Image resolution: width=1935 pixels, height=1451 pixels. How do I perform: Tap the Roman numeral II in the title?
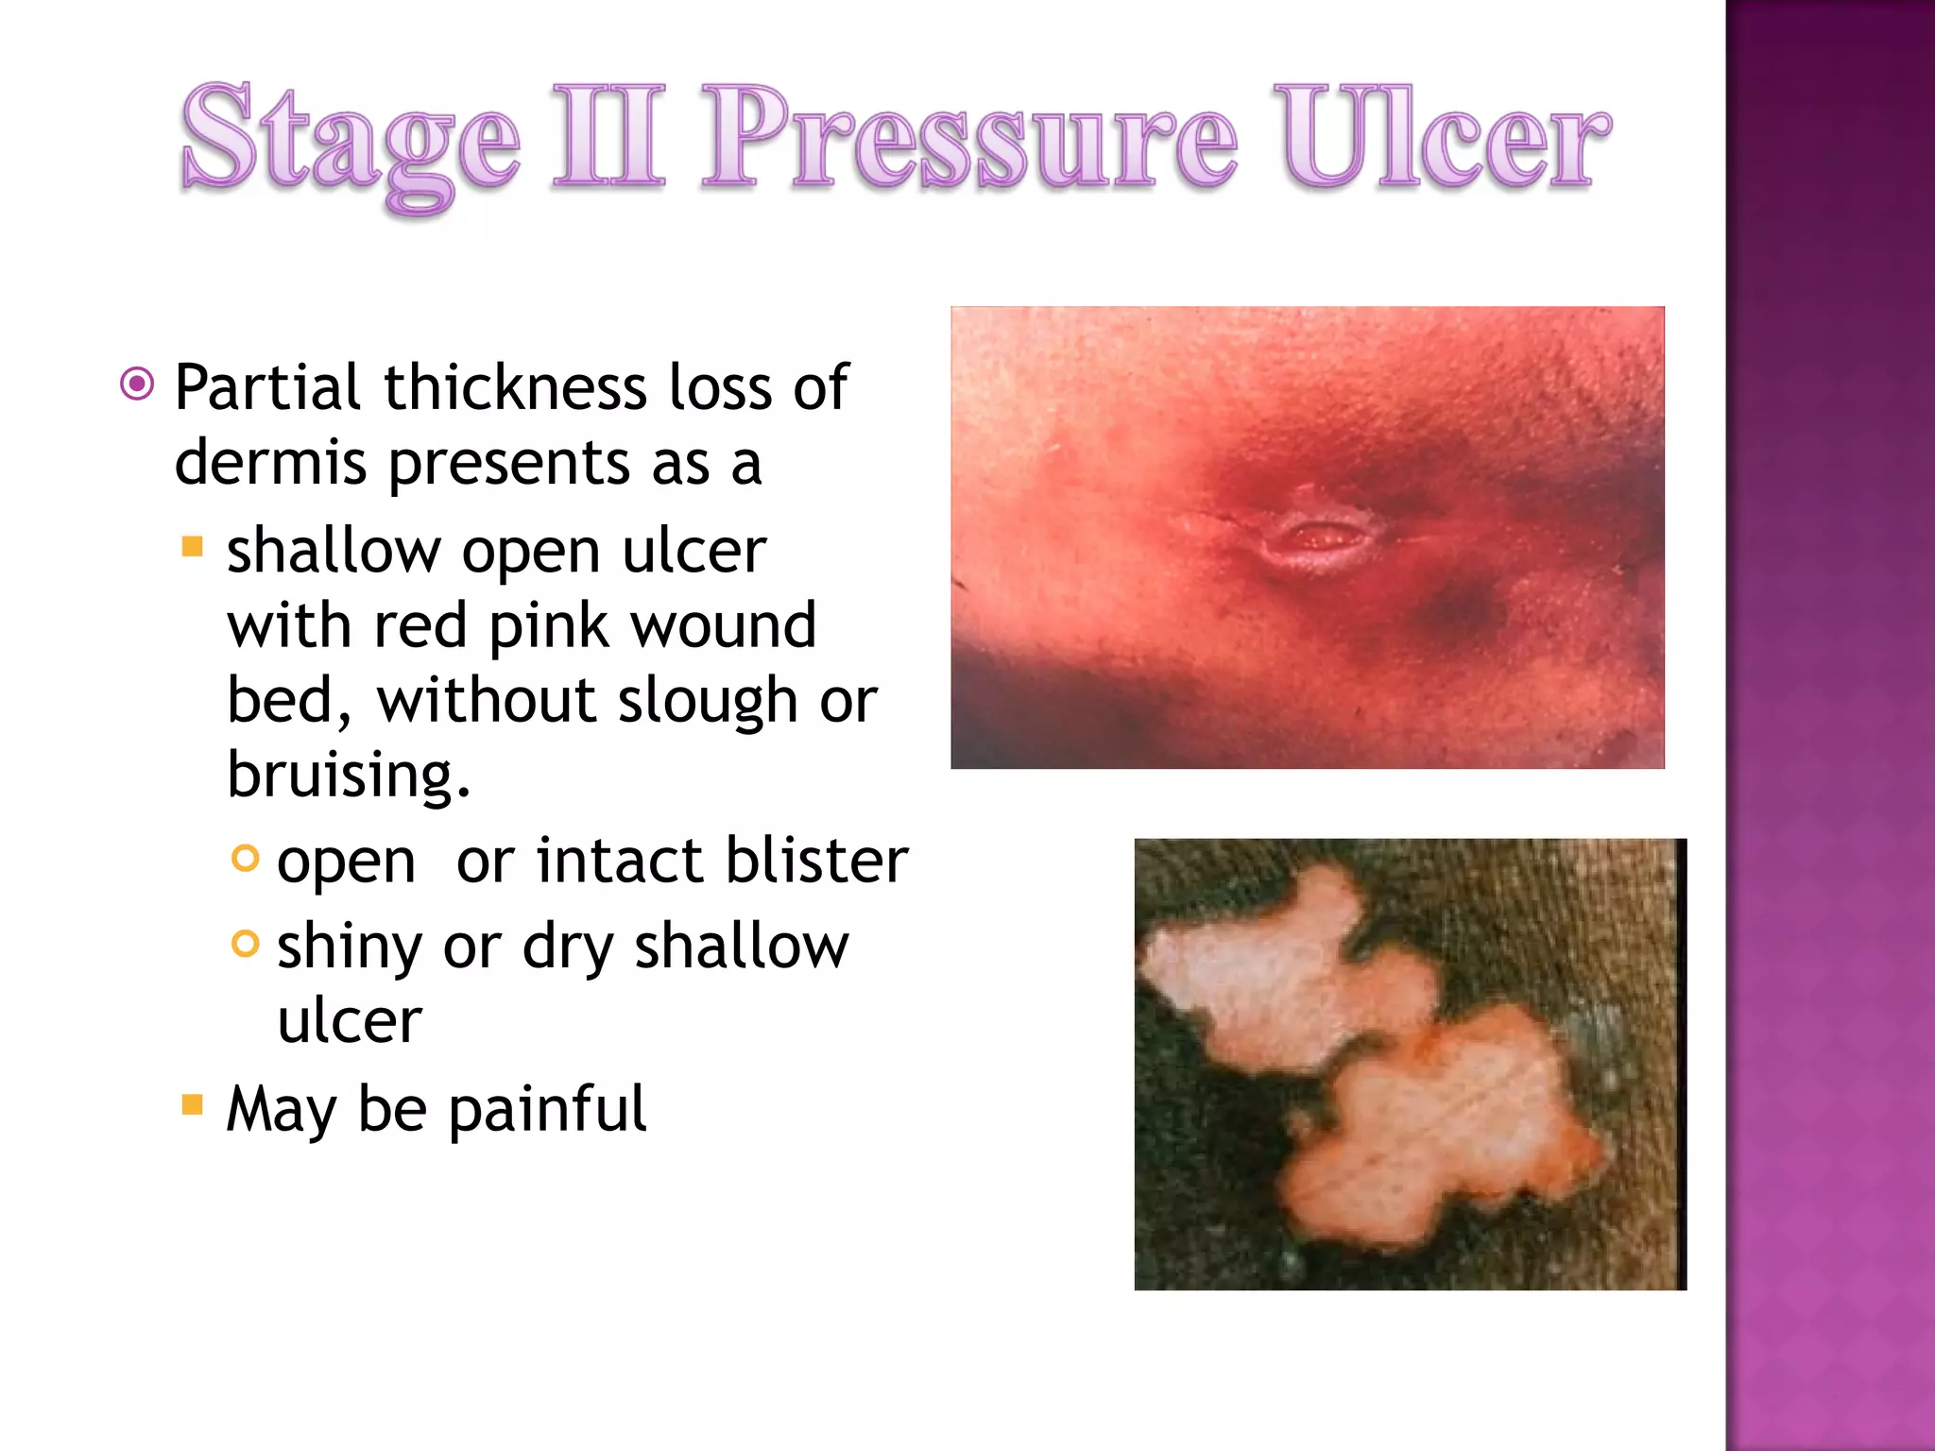click(x=609, y=137)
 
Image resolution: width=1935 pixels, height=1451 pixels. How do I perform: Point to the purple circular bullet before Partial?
click(x=138, y=384)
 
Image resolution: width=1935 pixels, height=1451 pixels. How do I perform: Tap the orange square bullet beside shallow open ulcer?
click(x=193, y=547)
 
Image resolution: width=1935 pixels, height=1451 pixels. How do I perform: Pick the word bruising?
click(x=348, y=775)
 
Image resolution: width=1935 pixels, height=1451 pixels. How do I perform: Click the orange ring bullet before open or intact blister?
click(x=245, y=858)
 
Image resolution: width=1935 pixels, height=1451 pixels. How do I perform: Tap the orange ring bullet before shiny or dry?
click(x=245, y=943)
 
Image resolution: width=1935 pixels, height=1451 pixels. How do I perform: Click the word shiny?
click(x=349, y=947)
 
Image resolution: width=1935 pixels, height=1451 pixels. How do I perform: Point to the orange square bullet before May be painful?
click(x=193, y=1104)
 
